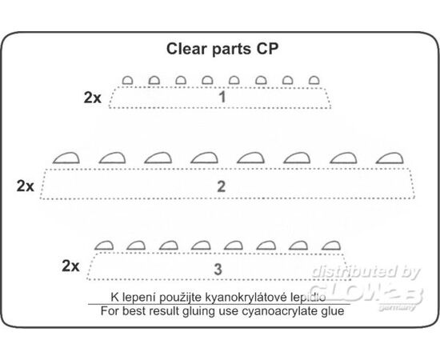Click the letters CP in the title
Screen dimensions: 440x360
[267, 49]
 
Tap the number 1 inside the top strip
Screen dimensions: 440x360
[222, 97]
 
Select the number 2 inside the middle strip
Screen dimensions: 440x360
[221, 186]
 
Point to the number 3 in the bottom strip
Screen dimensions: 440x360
[218, 269]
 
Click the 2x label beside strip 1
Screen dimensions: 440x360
[93, 98]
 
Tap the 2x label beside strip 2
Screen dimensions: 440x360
[26, 186]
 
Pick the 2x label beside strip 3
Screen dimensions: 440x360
[70, 266]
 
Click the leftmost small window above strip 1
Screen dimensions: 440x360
[127, 80]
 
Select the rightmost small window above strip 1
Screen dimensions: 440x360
[314, 80]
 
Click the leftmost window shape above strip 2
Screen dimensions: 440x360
[66, 158]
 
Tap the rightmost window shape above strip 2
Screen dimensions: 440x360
[390, 158]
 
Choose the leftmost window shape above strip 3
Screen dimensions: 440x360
[104, 246]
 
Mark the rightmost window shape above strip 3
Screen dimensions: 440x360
[331, 246]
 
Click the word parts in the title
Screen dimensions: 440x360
[231, 49]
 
